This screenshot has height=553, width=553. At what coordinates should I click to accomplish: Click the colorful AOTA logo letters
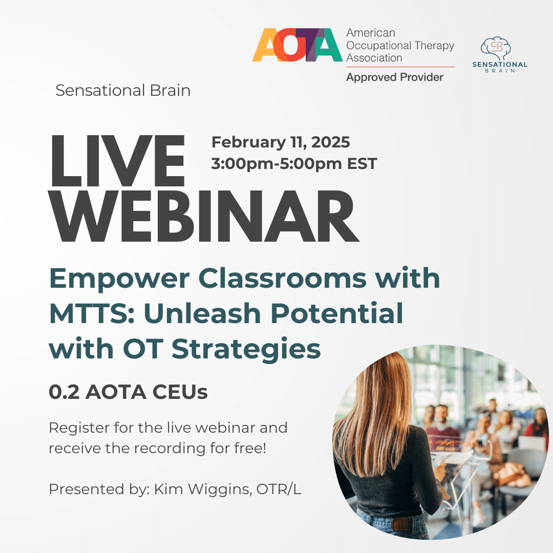click(x=297, y=45)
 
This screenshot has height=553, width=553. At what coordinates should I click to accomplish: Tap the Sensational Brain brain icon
click(x=496, y=48)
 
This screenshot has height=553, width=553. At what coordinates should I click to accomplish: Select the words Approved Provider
click(x=395, y=77)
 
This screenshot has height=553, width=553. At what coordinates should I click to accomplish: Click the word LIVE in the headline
click(x=117, y=161)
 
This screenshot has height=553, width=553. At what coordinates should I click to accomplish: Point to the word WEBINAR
click(x=203, y=216)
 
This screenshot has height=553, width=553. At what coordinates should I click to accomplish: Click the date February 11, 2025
click(x=281, y=142)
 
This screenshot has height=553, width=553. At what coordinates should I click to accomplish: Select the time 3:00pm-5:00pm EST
click(x=294, y=164)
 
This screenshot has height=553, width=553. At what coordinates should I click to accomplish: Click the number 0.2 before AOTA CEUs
click(x=64, y=392)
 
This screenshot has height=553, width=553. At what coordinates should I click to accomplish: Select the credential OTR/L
click(x=279, y=489)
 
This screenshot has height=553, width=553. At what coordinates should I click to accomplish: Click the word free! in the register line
click(x=250, y=448)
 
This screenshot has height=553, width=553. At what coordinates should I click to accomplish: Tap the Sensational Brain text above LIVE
click(x=123, y=91)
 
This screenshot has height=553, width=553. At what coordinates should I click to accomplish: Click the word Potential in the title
click(x=336, y=313)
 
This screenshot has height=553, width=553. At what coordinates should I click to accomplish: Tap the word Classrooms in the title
click(x=283, y=279)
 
